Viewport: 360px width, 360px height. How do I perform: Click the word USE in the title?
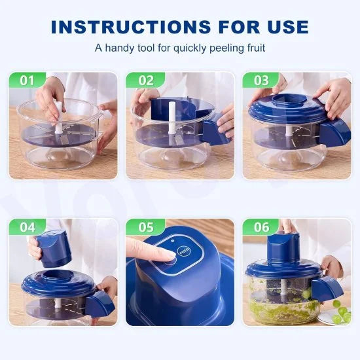click(284, 26)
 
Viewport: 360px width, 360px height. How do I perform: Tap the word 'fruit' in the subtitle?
click(253, 48)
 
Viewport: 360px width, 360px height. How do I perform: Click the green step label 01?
click(26, 81)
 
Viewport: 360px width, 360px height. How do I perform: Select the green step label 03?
click(261, 81)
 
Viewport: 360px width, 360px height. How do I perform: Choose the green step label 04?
click(26, 228)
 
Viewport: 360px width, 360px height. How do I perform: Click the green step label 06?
click(261, 228)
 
